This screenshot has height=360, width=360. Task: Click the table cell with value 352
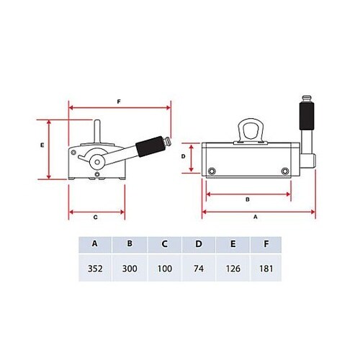click(x=95, y=268)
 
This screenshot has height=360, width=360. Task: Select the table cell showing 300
click(x=130, y=268)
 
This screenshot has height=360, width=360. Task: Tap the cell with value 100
click(x=165, y=268)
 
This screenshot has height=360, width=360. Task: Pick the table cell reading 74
click(x=199, y=268)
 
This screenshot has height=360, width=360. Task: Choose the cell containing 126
click(x=233, y=268)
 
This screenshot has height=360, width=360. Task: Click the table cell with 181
click(x=266, y=268)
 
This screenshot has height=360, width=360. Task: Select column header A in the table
click(x=95, y=244)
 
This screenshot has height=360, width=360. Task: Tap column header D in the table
click(x=199, y=244)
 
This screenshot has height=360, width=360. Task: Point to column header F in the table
click(x=266, y=244)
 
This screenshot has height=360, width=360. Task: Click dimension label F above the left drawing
click(x=119, y=102)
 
